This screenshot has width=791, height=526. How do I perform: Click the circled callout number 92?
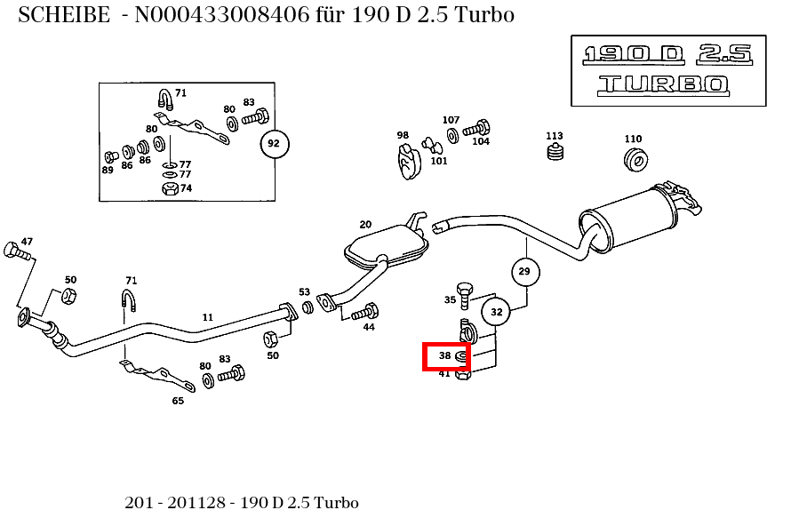(274, 143)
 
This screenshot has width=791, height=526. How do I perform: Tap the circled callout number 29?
(524, 271)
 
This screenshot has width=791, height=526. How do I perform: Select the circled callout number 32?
(496, 312)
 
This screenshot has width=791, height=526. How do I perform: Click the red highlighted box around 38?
(446, 357)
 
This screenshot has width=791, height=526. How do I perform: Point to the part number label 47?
(27, 242)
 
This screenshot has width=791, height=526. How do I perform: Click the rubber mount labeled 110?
(635, 160)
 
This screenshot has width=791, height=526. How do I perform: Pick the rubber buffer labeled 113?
(555, 154)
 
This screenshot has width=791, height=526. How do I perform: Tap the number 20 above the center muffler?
(365, 224)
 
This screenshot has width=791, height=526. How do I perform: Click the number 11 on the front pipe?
(208, 317)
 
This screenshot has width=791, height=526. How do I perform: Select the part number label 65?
(178, 401)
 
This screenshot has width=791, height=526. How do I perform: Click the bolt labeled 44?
(365, 312)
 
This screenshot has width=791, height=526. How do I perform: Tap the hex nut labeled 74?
(169, 188)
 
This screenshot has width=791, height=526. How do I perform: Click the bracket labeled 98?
(408, 161)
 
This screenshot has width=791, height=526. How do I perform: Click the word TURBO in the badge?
(663, 84)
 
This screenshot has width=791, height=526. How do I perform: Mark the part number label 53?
(304, 292)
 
